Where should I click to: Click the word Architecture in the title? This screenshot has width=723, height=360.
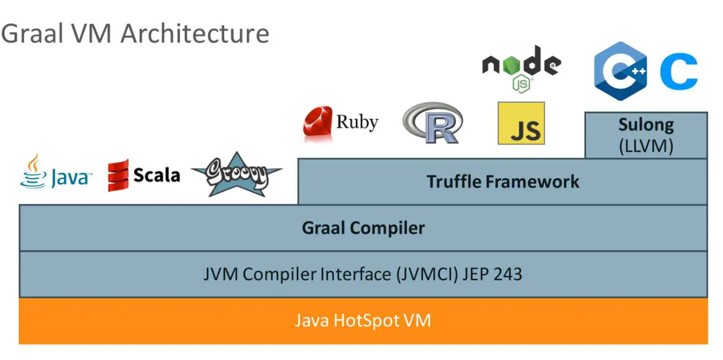click(195, 34)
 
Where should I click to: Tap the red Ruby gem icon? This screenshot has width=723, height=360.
click(318, 122)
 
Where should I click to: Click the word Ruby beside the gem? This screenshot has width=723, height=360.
click(357, 122)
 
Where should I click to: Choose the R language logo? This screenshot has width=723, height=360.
click(433, 123)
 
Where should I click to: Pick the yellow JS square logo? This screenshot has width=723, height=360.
click(521, 123)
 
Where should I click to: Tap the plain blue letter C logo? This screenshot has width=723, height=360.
click(679, 72)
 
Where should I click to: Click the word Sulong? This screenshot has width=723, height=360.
click(646, 125)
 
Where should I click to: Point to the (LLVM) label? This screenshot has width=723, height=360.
click(646, 146)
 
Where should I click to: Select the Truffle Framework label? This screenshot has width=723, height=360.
click(502, 181)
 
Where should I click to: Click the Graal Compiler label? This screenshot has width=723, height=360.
click(363, 228)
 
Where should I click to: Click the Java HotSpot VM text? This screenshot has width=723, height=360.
click(363, 320)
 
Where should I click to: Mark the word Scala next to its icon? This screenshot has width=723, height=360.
click(156, 175)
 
